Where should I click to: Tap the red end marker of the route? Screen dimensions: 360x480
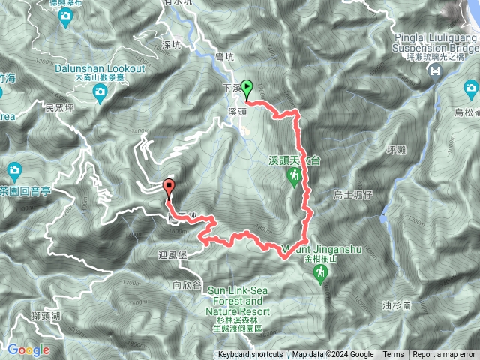point(169,187)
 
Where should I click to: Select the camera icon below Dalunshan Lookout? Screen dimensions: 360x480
point(100,91)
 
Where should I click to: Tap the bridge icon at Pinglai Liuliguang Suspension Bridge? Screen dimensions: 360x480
point(434,70)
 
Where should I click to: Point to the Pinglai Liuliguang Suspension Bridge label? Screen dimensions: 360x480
point(434,43)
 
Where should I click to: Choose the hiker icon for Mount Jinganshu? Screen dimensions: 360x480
point(319,276)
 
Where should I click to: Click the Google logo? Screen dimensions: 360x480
point(28,349)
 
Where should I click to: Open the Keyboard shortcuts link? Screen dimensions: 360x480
point(250,355)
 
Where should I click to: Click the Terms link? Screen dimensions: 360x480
point(393,355)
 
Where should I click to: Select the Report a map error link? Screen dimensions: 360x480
point(444,355)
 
